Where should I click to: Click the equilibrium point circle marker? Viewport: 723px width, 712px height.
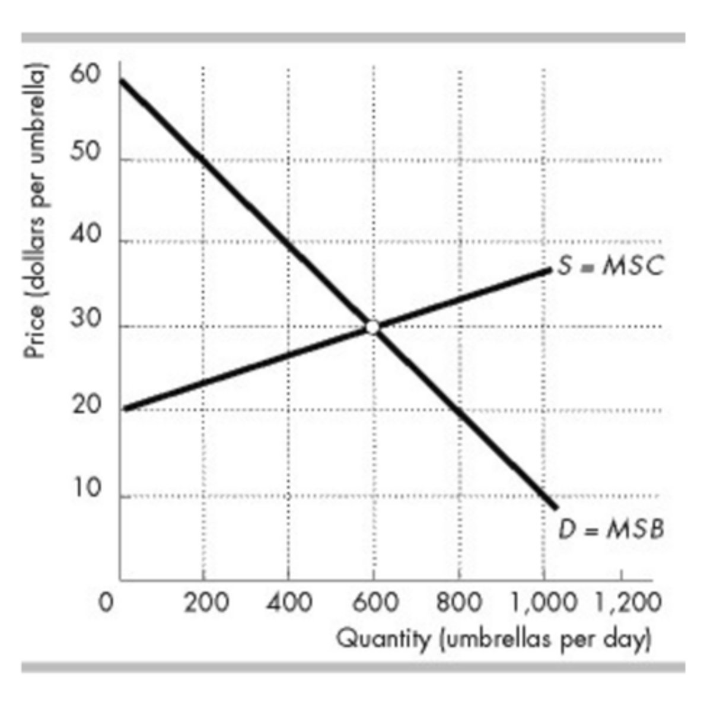tap(372, 327)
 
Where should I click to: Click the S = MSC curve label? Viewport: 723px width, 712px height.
tap(610, 266)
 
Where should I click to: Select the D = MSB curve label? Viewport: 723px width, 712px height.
tap(611, 529)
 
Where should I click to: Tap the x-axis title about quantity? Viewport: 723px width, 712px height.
tap(493, 639)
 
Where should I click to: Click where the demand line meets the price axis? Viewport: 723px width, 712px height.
tap(121, 80)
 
